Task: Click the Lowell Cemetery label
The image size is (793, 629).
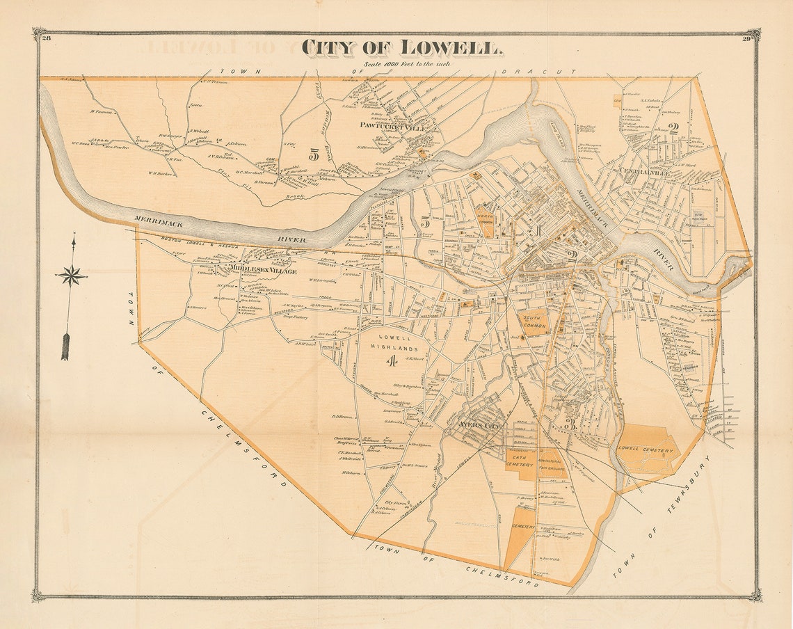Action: [646, 451]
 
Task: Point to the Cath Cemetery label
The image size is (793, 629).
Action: [523, 459]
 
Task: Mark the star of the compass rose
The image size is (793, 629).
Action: [71, 276]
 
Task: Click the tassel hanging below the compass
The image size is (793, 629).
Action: [65, 346]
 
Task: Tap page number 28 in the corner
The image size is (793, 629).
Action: [47, 38]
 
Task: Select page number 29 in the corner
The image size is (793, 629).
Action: [746, 38]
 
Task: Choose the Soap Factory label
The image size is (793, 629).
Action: [294, 317]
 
